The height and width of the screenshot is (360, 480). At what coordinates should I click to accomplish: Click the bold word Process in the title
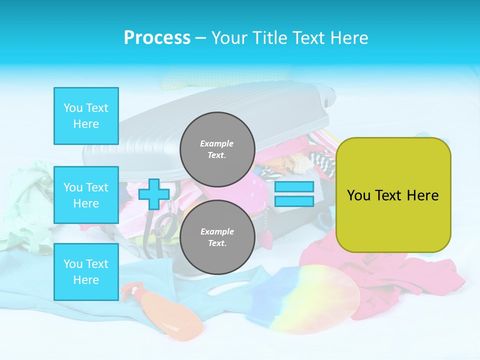pyautogui.click(x=157, y=38)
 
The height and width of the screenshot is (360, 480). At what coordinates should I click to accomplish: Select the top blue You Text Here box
pyautogui.click(x=86, y=116)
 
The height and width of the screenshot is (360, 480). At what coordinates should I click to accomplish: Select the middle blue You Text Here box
pyautogui.click(x=86, y=195)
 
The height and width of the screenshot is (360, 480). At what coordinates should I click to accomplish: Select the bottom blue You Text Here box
pyautogui.click(x=86, y=272)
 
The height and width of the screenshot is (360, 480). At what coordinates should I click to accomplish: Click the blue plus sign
pyautogui.click(x=153, y=194)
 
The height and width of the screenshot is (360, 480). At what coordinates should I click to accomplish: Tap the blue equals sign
pyautogui.click(x=294, y=194)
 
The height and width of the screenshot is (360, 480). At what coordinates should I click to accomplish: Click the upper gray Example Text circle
pyautogui.click(x=217, y=149)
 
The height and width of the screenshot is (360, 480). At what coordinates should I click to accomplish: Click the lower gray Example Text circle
pyautogui.click(x=217, y=237)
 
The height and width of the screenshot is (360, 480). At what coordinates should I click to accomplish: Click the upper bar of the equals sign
pyautogui.click(x=294, y=187)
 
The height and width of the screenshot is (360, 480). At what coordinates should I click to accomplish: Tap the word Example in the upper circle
pyautogui.click(x=217, y=143)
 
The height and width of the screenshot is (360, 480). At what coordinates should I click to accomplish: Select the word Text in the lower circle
pyautogui.click(x=217, y=243)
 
